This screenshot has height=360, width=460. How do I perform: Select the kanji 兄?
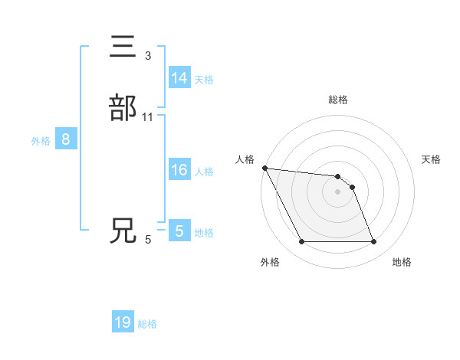point(123,231)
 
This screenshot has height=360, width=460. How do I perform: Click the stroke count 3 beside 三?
point(147,55)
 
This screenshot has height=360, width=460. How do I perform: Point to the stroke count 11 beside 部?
point(148,116)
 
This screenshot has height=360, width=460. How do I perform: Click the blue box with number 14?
point(179,78)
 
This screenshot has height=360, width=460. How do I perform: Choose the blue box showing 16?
point(179,170)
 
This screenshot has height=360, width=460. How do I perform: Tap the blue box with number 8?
point(66,139)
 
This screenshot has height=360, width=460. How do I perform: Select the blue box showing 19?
point(123,322)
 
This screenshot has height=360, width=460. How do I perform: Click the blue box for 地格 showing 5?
point(179,231)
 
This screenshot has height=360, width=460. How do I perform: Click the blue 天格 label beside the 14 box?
point(204,80)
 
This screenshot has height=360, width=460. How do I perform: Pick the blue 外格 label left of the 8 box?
point(41,141)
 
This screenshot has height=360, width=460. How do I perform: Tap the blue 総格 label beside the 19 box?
point(147,324)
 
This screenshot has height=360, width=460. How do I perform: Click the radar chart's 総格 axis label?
point(338,100)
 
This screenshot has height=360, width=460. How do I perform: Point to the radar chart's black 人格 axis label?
point(245,159)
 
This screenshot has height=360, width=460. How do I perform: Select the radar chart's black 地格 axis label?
point(402,262)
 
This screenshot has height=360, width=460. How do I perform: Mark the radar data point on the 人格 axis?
point(264,168)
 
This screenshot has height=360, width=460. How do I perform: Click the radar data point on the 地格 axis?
point(374,242)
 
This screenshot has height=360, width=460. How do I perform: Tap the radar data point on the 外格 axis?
point(301,242)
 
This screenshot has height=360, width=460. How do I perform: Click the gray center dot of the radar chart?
point(338,191)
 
